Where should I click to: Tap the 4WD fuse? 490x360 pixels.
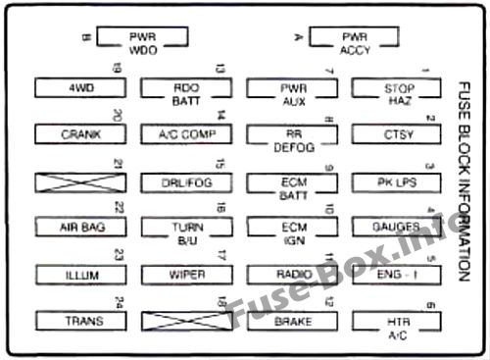click(x=81, y=87)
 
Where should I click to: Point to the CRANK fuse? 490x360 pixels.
click(x=81, y=133)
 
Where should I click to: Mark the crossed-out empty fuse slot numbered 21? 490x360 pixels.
click(x=81, y=181)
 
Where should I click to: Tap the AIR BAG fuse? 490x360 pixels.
click(x=81, y=228)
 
